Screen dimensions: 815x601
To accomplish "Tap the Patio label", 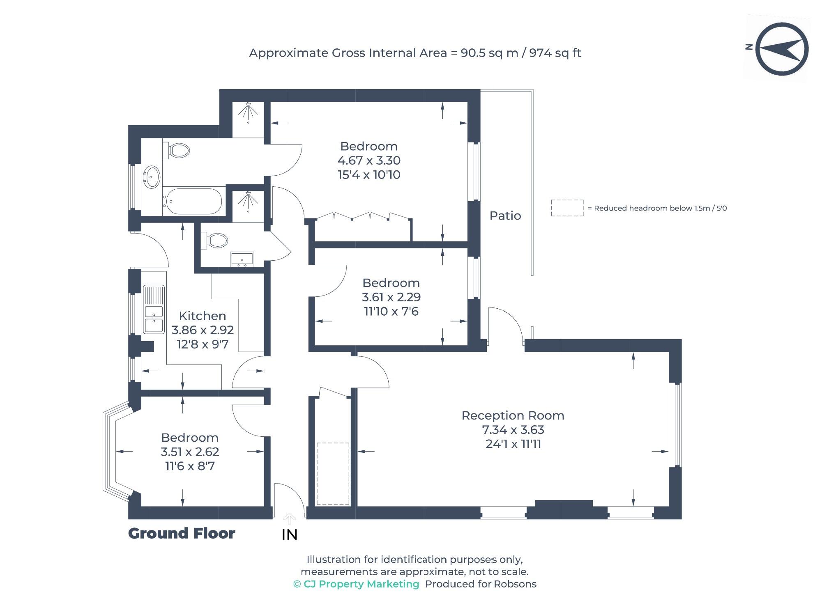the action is tap(505, 216).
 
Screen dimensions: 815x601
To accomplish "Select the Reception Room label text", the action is tap(513, 415).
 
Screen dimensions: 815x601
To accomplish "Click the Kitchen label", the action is tap(203, 316).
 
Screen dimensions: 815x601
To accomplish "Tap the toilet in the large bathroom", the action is tap(177, 151).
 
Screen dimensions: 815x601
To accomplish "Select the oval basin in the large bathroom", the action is tap(152, 177).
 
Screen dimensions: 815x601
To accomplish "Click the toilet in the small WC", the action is tap(215, 241).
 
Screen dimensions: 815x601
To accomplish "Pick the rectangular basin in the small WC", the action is tap(242, 259).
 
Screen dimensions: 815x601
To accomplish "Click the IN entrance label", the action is tap(290, 535).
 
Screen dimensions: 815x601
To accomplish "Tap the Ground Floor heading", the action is tap(182, 533).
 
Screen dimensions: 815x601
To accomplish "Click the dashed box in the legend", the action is tap(567, 208).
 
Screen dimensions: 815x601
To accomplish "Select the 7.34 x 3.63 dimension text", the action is tap(513, 430).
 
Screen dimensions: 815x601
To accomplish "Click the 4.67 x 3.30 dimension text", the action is tap(369, 161).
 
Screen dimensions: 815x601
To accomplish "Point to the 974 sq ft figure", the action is tap(555, 53).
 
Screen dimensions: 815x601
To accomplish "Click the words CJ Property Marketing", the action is tap(361, 584).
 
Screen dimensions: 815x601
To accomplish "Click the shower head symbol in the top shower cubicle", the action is tap(248, 111).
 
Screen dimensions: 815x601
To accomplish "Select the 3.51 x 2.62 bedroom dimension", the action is tap(190, 452).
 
